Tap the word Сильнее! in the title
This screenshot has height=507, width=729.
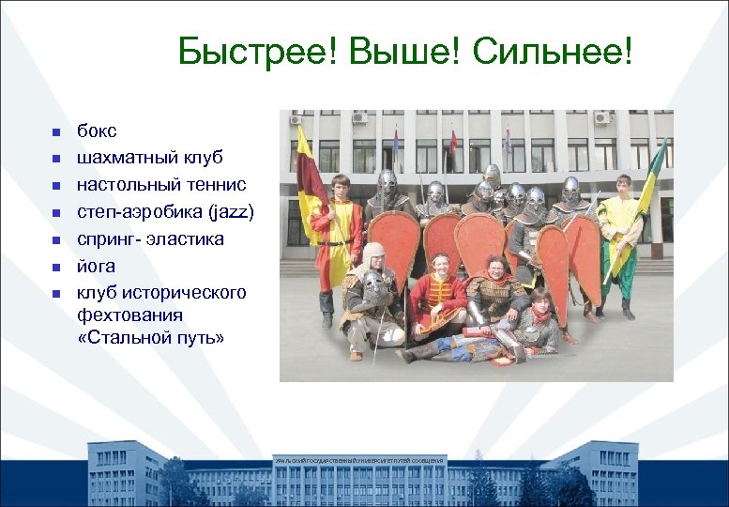tap(553, 54)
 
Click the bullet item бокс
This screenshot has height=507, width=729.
tap(98, 131)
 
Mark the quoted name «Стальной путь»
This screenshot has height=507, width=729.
tap(150, 337)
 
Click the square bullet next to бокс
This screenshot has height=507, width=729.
tap(56, 132)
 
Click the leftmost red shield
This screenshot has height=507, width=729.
tap(394, 244)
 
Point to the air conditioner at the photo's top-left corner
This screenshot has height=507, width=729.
tap(296, 119)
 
